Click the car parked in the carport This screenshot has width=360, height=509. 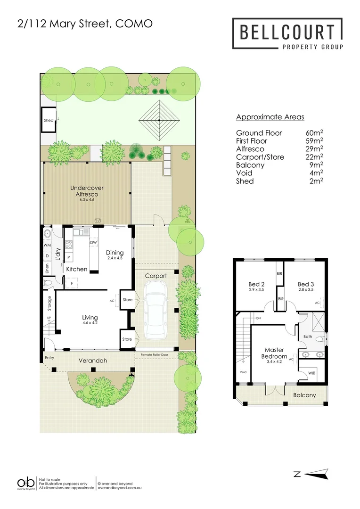[x=155, y=310]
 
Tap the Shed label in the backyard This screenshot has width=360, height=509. [x=49, y=120]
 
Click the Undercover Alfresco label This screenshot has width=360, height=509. [x=87, y=191]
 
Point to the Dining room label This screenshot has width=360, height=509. [x=115, y=252]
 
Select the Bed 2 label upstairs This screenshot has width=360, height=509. [x=257, y=284]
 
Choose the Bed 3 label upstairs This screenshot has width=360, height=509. [x=306, y=284]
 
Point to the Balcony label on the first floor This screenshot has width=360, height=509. [x=305, y=395]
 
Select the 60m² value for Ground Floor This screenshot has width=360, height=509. [x=314, y=132]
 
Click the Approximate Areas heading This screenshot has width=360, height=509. [x=270, y=117]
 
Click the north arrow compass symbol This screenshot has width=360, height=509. [x=316, y=474]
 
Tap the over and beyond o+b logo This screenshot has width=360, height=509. [x=26, y=483]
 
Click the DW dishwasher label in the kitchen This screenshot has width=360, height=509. [x=94, y=242]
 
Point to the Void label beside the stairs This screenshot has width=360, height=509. [x=243, y=372]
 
